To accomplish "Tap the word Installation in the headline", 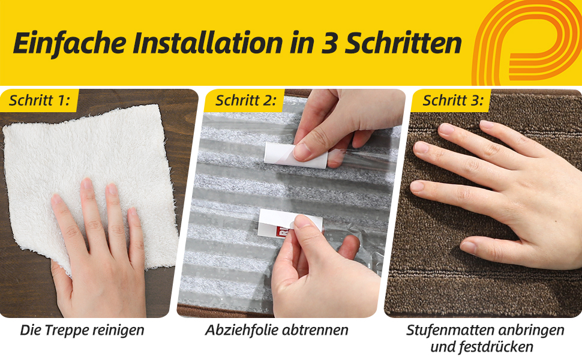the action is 208,43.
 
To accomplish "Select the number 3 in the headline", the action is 329,43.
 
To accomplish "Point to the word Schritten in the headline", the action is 403,43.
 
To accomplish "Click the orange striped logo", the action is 526,43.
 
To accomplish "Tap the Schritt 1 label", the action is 40,100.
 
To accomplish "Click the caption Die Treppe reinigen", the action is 82,330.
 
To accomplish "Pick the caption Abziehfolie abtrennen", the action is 277,330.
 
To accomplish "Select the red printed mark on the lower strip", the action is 284,232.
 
